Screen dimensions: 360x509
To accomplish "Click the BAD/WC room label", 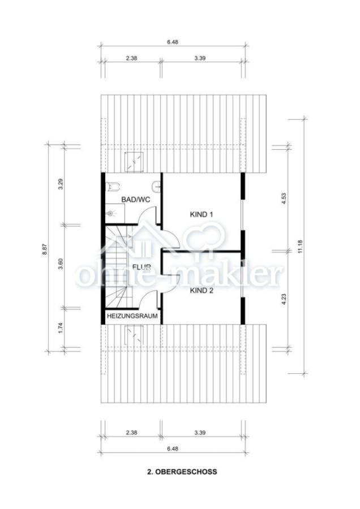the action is [x=136, y=199].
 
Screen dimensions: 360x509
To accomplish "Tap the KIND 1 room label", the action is [x=202, y=214].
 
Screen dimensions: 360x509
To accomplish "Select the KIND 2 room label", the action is [x=202, y=291].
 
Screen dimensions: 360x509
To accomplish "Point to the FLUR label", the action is [x=142, y=267].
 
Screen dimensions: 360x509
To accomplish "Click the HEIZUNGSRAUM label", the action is [x=132, y=316].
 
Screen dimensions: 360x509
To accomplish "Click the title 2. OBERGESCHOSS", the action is [x=182, y=472].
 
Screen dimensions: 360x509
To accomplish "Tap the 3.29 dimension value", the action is [x=61, y=184].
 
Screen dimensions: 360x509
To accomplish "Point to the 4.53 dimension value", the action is [x=284, y=199].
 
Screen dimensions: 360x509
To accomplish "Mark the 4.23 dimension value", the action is [x=284, y=299].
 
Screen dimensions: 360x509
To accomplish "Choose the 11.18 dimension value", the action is [x=300, y=247].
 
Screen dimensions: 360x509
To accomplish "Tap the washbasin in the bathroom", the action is [x=156, y=186].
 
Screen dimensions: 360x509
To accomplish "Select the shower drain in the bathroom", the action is [x=110, y=214].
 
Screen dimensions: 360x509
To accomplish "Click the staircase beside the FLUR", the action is [x=117, y=266].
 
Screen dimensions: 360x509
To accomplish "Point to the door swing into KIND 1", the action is [x=170, y=239].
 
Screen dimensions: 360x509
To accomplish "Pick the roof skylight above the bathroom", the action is [x=134, y=162].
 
